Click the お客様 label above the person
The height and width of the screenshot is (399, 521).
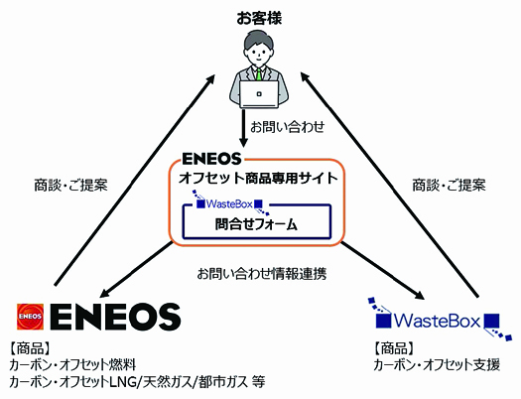pyautogui.click(x=259, y=18)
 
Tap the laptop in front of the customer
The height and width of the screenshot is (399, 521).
pyautogui.click(x=259, y=94)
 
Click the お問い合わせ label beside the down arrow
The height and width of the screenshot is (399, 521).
pyautogui.click(x=288, y=127)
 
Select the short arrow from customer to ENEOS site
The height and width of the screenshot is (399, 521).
pyautogui.click(x=244, y=128)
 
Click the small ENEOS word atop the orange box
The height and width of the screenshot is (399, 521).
pyautogui.click(x=211, y=159)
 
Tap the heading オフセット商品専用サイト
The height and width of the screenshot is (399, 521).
pyautogui.click(x=258, y=179)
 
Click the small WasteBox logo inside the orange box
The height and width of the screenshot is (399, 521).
pyautogui.click(x=229, y=203)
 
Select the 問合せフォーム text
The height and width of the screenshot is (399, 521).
pyautogui.click(x=256, y=224)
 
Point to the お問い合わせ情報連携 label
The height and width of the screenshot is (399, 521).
pyautogui.click(x=262, y=274)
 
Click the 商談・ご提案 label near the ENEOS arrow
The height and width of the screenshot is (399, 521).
pyautogui.click(x=71, y=185)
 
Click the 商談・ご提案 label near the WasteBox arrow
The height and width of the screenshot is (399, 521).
pyautogui.click(x=450, y=185)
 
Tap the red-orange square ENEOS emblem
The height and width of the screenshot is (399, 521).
pyautogui.click(x=30, y=317)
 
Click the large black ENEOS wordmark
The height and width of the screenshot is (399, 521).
pyautogui.click(x=116, y=317)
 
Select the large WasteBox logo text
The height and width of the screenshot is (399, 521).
pyautogui.click(x=438, y=321)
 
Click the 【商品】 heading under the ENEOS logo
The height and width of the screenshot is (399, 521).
pyautogui.click(x=30, y=348)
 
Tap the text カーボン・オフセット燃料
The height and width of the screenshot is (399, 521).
pyautogui.click(x=72, y=365)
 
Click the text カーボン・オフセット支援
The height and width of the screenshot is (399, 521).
pyautogui.click(x=437, y=365)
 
